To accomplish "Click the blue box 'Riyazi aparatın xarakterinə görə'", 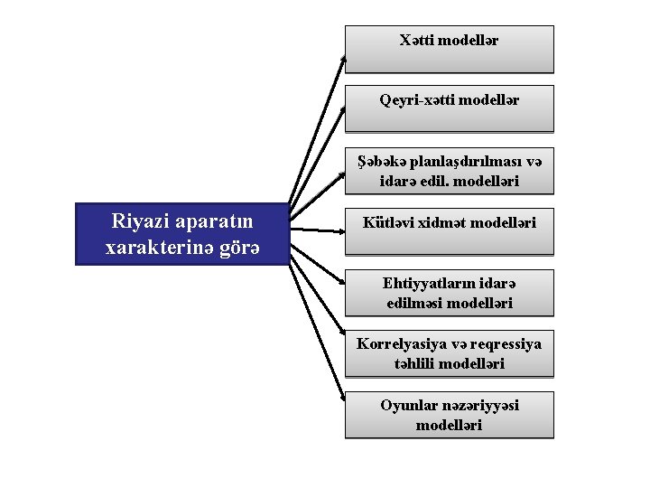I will pos(183,234).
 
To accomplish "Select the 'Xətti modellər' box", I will pos(449,49).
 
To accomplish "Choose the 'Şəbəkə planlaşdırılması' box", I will pos(449,171).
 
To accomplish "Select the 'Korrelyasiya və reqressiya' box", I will pos(449,353).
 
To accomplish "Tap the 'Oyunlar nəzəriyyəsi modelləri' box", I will pos(449,415).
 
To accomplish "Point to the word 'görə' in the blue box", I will pos(238,247).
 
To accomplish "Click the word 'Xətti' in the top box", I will pos(416,41).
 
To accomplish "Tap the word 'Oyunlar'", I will pos(408,405).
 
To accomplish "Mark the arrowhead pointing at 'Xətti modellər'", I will pos(343,56).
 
